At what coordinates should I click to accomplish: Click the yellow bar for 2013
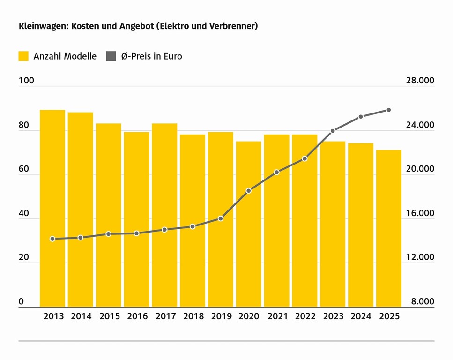[x=52, y=209]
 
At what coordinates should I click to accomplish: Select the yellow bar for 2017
[x=164, y=216]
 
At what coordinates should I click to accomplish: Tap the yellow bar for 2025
[x=389, y=229]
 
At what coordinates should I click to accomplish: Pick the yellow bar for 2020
[x=248, y=224]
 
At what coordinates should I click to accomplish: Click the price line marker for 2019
[x=221, y=218]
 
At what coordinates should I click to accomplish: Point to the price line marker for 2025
[x=389, y=110]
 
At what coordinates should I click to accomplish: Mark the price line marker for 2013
[x=52, y=239]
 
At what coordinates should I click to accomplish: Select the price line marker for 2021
[x=276, y=172]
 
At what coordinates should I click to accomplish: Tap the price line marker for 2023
[x=333, y=131]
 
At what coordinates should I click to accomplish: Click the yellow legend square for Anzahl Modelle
[x=23, y=56]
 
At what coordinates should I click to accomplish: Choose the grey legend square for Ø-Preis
[x=111, y=56]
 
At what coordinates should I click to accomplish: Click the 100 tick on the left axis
[x=26, y=81]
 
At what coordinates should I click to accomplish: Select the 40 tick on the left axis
[x=24, y=213]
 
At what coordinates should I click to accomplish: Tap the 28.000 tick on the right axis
[x=419, y=81]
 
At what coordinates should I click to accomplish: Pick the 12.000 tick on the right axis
[x=419, y=257]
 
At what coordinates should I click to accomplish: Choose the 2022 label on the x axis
[x=304, y=316]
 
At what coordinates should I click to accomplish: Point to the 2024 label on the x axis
[x=361, y=316]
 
